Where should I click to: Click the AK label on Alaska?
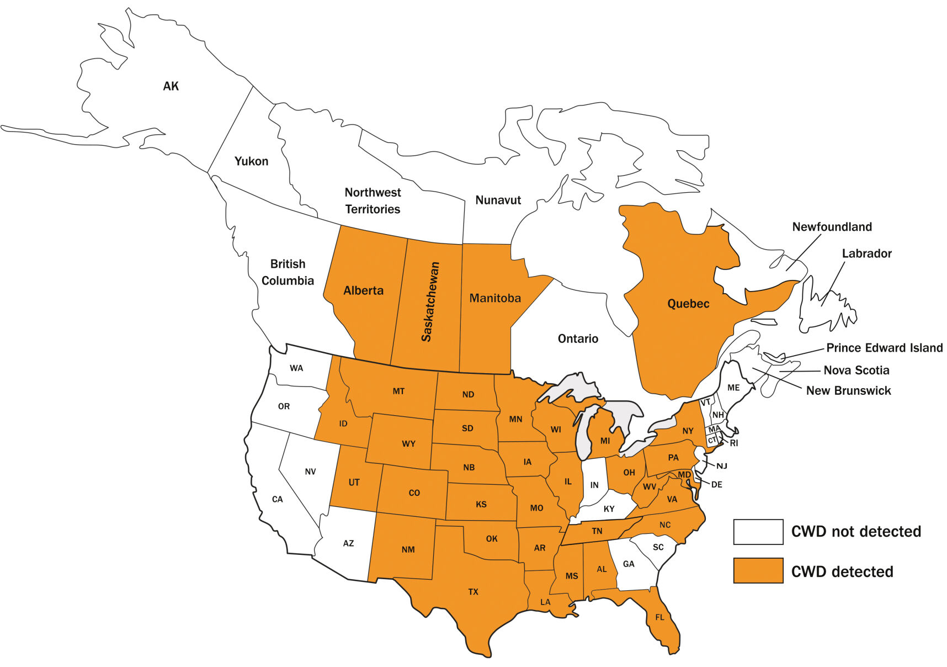click(x=171, y=86)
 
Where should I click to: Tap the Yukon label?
click(x=251, y=161)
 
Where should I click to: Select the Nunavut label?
click(x=498, y=200)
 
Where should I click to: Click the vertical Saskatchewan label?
click(x=430, y=301)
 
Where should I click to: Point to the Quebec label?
click(x=688, y=304)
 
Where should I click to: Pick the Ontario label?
click(x=578, y=338)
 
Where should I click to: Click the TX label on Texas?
click(x=473, y=592)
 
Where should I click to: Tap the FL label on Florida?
click(x=659, y=617)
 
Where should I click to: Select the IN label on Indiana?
click(x=594, y=485)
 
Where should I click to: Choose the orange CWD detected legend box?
click(x=758, y=570)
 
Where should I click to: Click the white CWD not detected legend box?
click(x=758, y=532)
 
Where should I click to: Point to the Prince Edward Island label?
click(x=884, y=348)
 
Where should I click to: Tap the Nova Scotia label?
click(x=856, y=370)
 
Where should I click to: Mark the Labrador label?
click(x=866, y=253)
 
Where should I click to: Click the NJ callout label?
click(x=722, y=466)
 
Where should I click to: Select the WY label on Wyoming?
click(x=408, y=444)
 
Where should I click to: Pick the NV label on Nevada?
click(x=310, y=472)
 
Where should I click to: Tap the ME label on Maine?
click(x=733, y=388)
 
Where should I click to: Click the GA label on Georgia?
click(x=629, y=564)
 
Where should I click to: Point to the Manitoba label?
click(x=495, y=298)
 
